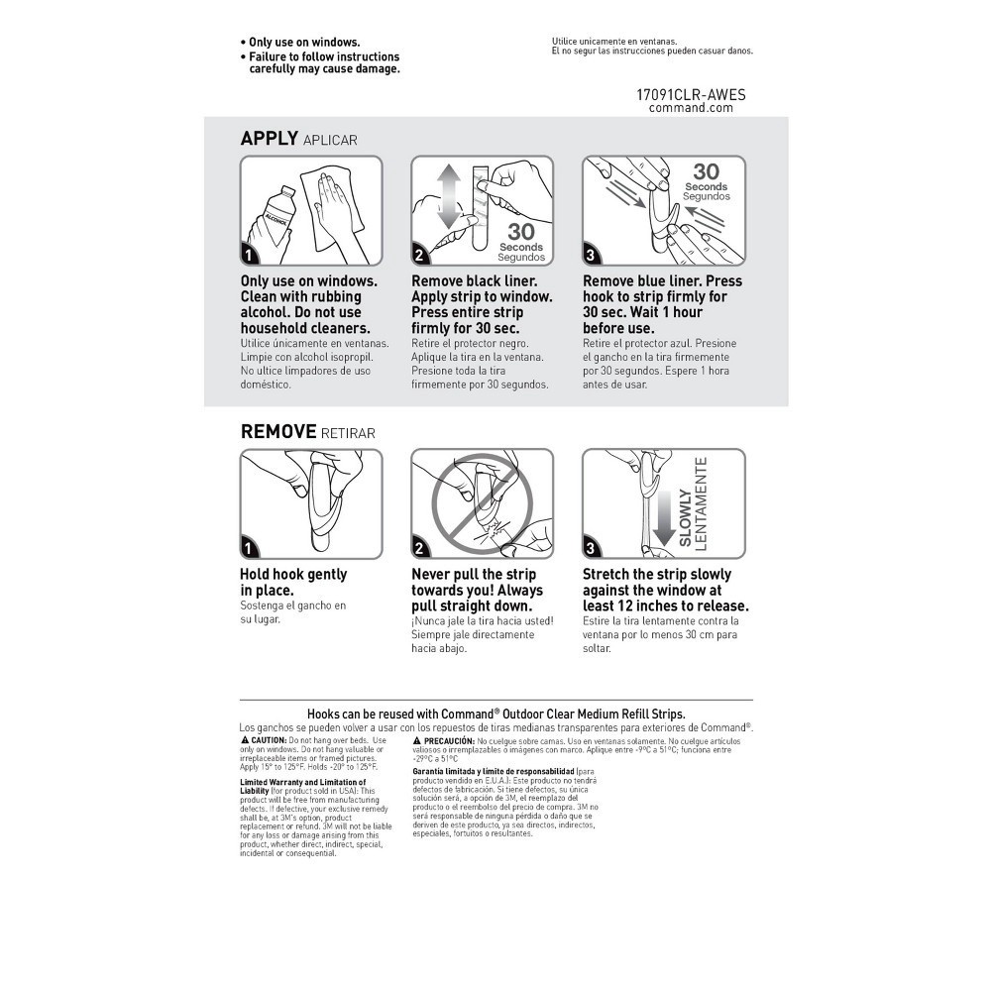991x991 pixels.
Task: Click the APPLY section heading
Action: (x=270, y=139)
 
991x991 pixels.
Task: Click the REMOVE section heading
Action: (x=278, y=432)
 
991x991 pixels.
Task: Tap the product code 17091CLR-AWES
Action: (x=691, y=95)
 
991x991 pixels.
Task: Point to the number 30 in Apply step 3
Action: (x=706, y=171)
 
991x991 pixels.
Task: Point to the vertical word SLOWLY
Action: (x=685, y=517)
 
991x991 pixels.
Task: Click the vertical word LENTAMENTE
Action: (x=702, y=503)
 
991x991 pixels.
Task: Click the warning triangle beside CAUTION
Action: (x=245, y=740)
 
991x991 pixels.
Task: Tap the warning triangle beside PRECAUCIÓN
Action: (x=417, y=740)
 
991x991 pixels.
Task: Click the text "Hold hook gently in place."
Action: (x=293, y=582)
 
